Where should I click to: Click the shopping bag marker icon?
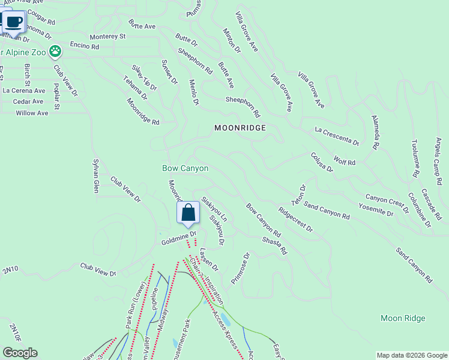pyautogui.click(x=188, y=213)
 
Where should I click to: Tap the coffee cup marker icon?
pyautogui.click(x=13, y=22)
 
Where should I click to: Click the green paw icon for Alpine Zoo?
pyautogui.click(x=56, y=52)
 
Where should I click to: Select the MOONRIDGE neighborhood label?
pyautogui.click(x=240, y=128)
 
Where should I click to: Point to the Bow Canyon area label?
pyautogui.click(x=185, y=169)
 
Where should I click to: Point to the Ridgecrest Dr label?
pyautogui.click(x=296, y=220)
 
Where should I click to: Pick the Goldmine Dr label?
pyautogui.click(x=175, y=241)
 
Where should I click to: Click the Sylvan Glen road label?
pyautogui.click(x=95, y=176)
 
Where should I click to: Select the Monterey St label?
pyautogui.click(x=107, y=37)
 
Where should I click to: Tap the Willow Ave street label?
pyautogui.click(x=32, y=113)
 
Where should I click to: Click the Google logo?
pyautogui.click(x=20, y=353)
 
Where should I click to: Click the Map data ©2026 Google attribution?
pyautogui.click(x=412, y=355)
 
